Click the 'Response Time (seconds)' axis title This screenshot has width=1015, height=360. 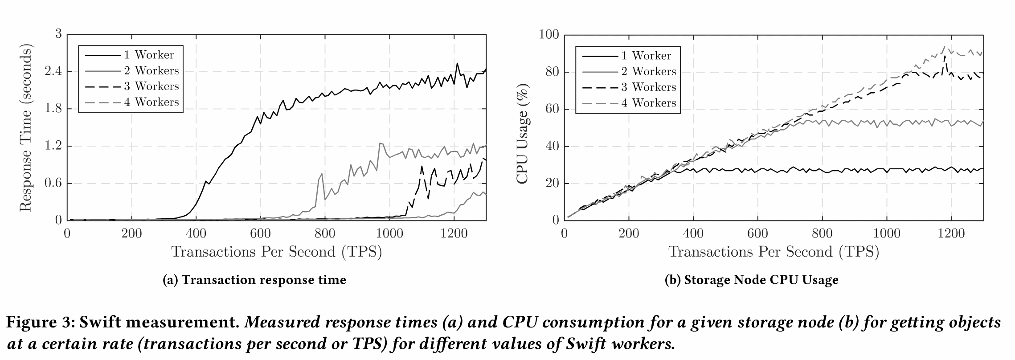(x=26, y=128)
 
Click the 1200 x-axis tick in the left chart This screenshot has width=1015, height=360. (x=454, y=233)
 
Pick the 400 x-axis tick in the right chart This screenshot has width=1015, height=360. (x=693, y=233)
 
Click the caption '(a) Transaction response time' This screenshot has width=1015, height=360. (x=254, y=280)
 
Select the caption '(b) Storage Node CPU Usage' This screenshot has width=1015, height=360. (x=751, y=280)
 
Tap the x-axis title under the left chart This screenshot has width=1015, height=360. (x=277, y=252)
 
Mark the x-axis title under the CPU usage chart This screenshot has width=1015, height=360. (x=774, y=252)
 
